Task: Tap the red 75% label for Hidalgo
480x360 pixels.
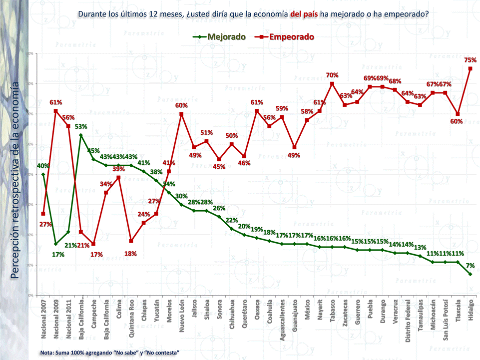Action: click(x=470, y=60)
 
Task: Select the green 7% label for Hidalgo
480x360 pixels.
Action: click(x=470, y=265)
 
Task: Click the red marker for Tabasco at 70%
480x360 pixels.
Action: click(x=332, y=84)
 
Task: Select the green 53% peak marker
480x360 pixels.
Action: click(x=81, y=135)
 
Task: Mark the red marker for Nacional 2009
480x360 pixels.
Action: click(x=56, y=111)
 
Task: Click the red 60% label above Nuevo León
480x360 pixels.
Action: click(x=181, y=105)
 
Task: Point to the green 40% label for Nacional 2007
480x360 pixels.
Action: click(x=43, y=166)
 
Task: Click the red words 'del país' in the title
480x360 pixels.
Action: click(x=303, y=14)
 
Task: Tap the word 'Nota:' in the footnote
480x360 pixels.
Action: click(x=48, y=353)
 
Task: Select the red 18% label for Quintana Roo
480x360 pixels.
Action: click(x=131, y=254)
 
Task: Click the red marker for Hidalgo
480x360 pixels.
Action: click(x=470, y=69)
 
